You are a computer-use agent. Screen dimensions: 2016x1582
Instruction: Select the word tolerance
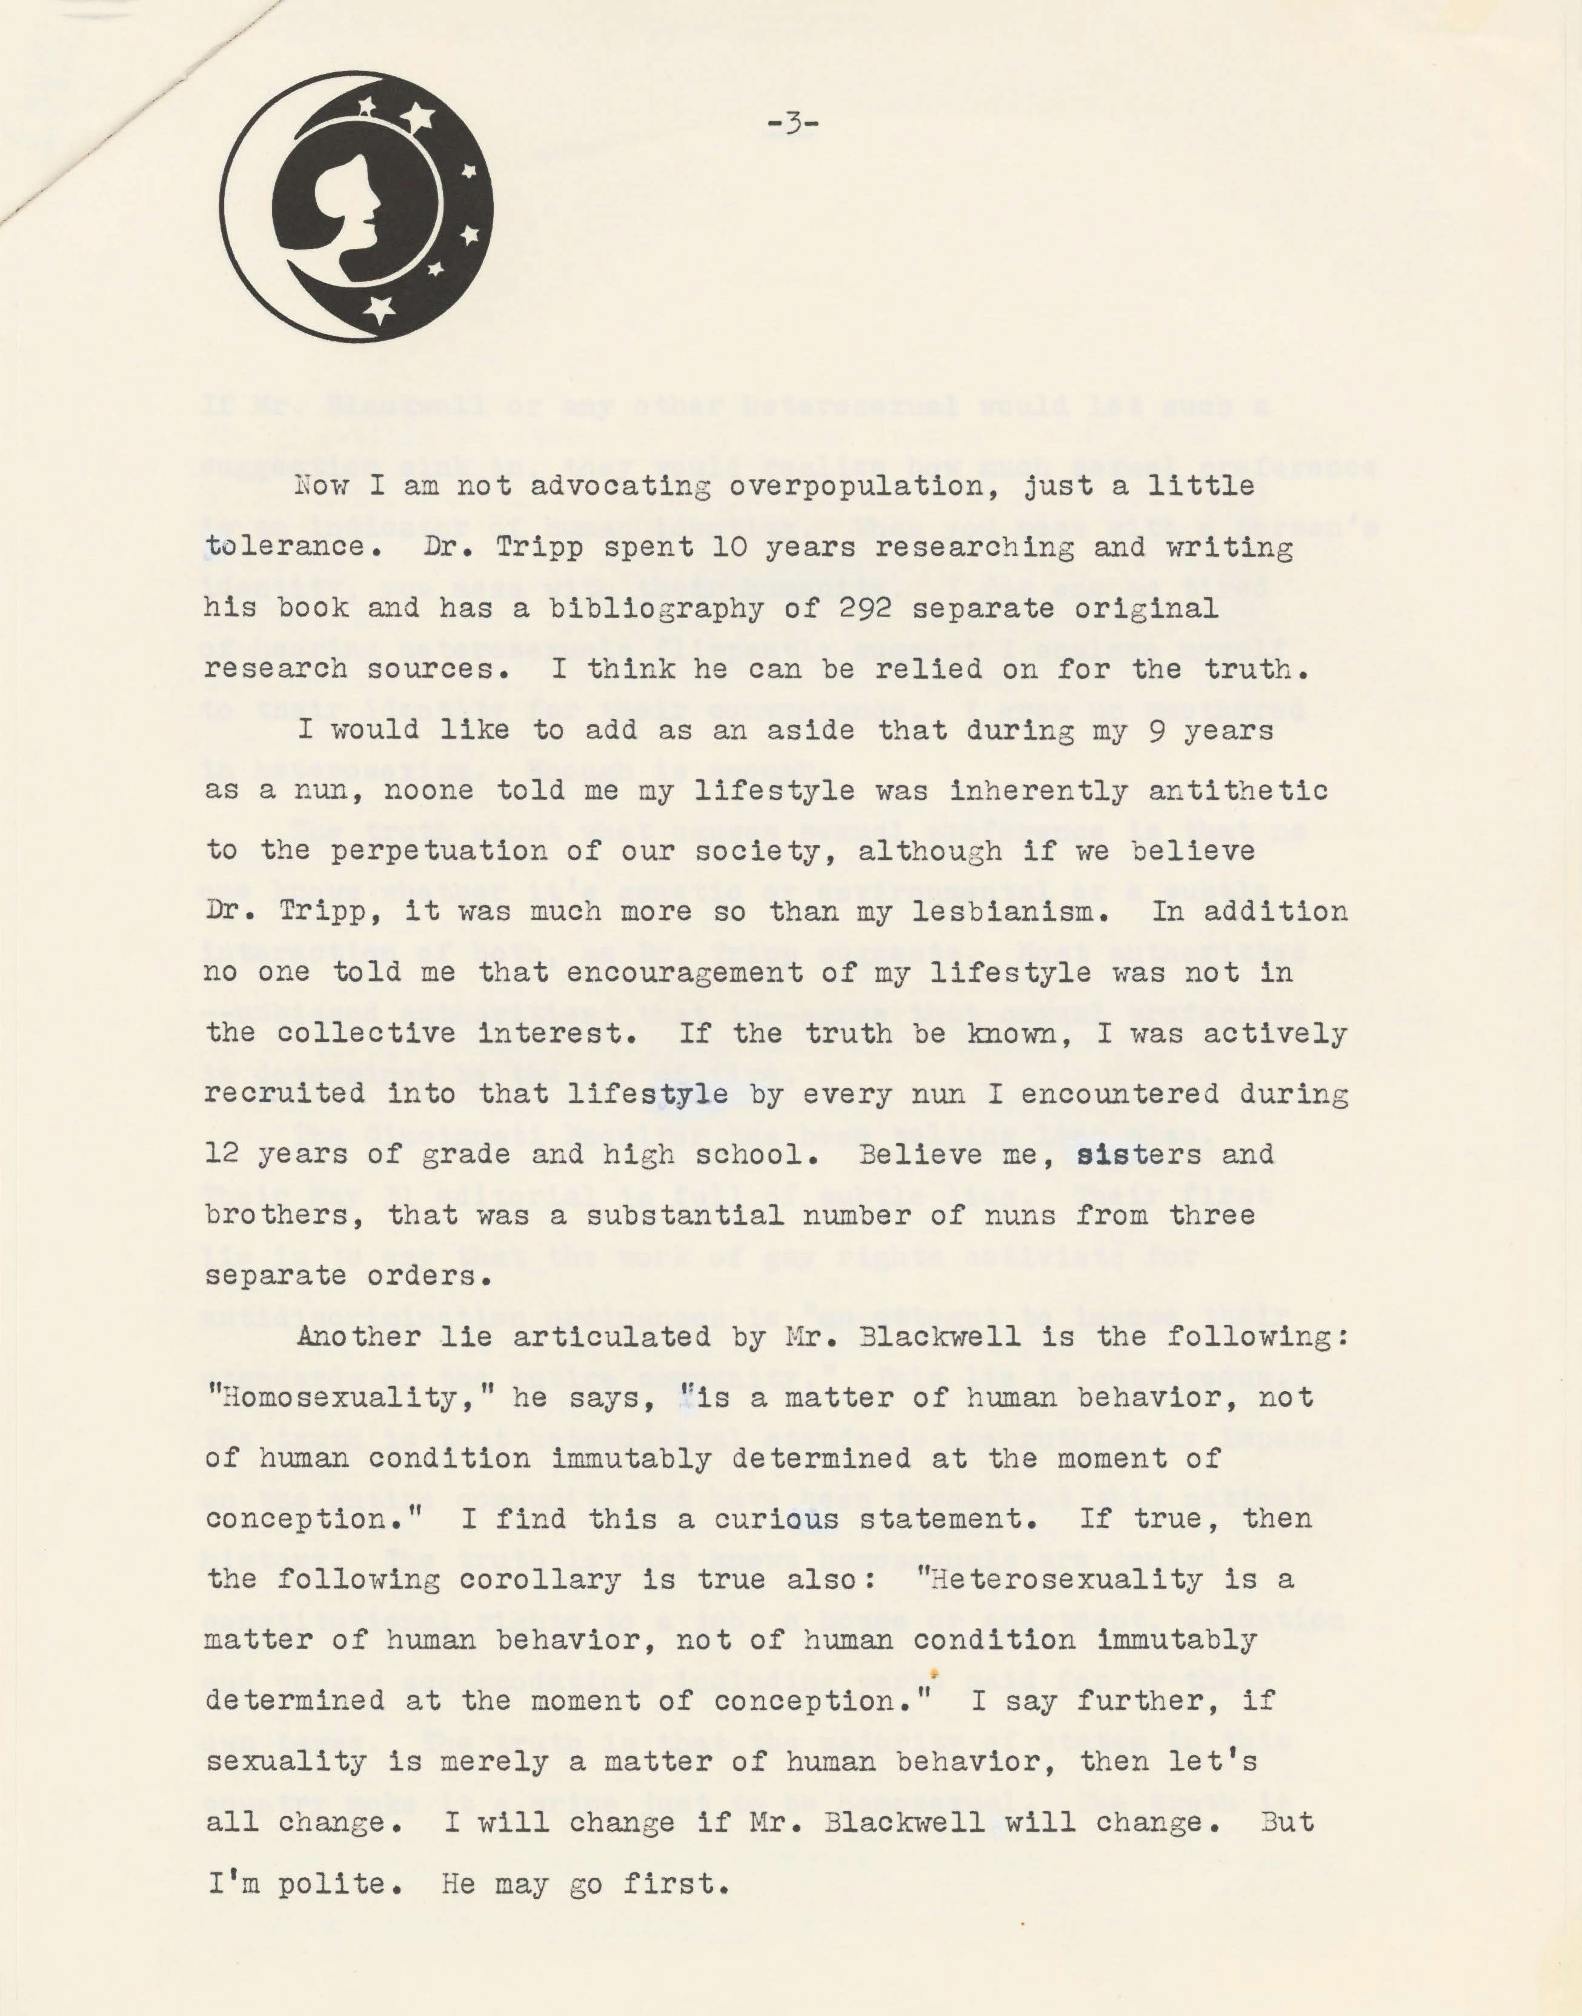[x=284, y=547]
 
